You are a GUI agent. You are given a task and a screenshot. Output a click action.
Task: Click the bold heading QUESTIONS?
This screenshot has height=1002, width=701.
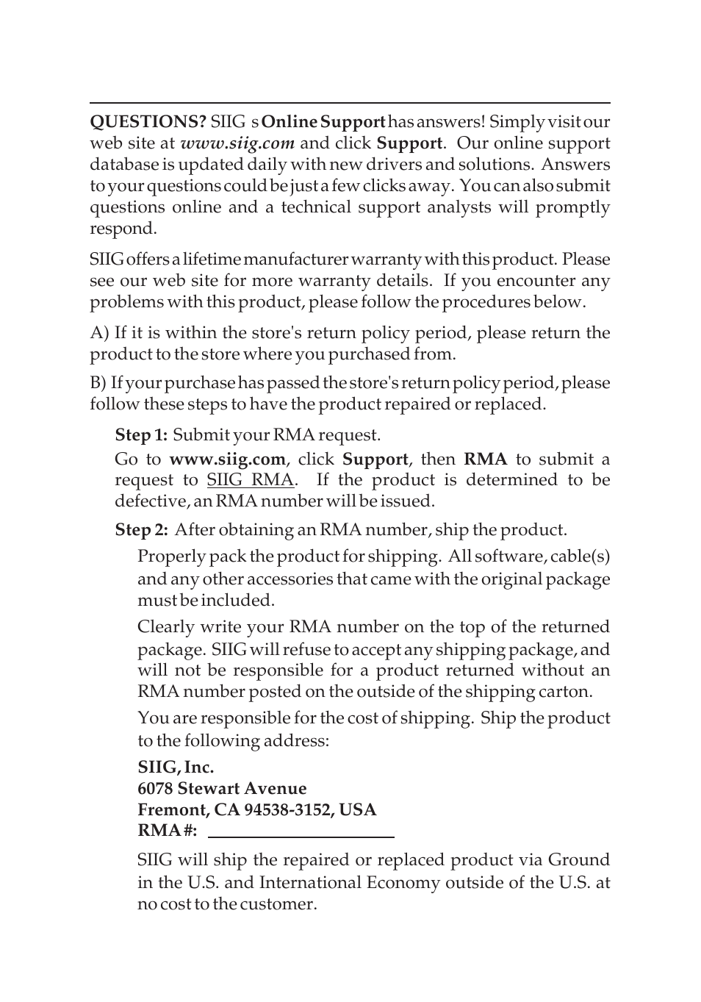[x=148, y=122]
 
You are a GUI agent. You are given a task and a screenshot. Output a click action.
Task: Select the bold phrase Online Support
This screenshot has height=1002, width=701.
[x=323, y=122]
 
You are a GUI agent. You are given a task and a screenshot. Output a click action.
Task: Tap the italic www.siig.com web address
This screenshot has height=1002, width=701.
[x=237, y=143]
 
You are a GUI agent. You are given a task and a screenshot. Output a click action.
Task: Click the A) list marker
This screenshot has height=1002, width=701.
[x=99, y=333]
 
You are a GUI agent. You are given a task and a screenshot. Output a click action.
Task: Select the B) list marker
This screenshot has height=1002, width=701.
[x=98, y=383]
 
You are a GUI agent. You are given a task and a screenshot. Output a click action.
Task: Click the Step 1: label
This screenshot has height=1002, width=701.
[x=141, y=435]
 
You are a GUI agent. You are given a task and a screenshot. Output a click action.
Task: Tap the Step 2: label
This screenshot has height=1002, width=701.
[x=141, y=530]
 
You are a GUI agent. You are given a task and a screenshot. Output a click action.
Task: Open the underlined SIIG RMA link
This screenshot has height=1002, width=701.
[x=250, y=480]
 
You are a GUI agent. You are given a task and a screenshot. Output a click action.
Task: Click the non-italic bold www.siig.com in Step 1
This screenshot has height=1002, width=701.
[x=227, y=459]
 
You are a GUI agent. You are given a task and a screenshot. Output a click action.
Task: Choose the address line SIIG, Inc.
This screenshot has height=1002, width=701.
[x=176, y=767]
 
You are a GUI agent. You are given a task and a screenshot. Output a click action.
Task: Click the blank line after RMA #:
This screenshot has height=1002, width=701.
[x=301, y=834]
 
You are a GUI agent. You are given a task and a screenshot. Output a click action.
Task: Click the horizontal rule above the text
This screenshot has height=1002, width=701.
[x=350, y=103]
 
